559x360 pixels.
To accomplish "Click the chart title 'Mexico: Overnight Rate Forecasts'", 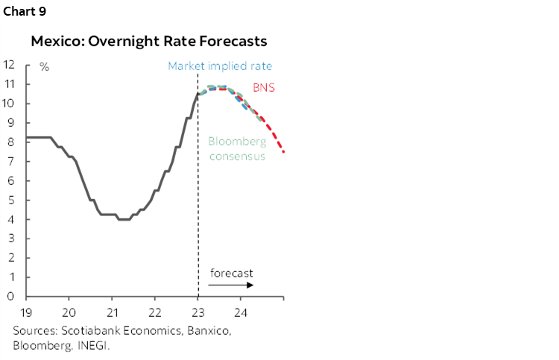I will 148,41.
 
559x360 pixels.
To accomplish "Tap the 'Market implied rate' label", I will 220,66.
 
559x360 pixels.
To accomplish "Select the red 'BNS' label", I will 263,87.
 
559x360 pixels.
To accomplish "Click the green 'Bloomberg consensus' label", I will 236,148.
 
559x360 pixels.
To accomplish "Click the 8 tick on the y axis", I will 11,142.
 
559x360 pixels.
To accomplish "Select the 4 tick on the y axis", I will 11,219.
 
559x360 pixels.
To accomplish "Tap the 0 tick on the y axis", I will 11,297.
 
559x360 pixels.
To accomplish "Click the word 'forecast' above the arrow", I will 231,273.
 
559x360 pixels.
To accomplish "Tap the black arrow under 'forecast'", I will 232,285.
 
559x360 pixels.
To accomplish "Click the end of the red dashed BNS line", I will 283,151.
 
